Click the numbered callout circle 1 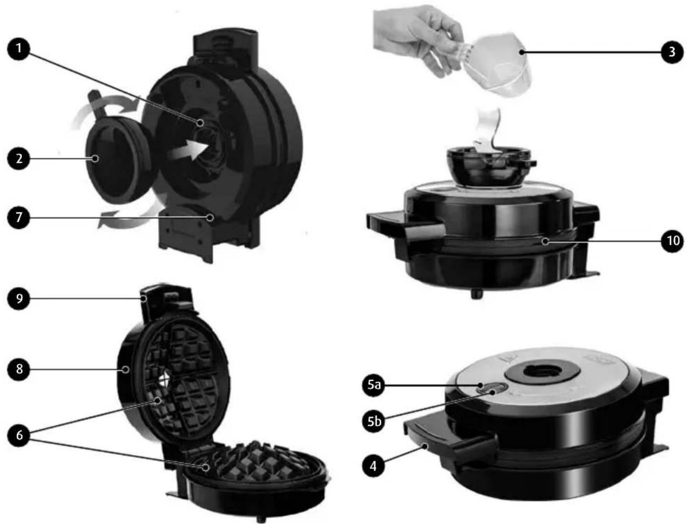click(19, 49)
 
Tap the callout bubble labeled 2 click(19, 158)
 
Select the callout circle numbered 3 click(672, 52)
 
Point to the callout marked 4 click(373, 466)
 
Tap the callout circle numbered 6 click(19, 435)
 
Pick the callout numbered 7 click(19, 217)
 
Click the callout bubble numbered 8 click(19, 369)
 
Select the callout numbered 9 click(19, 298)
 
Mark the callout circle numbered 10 click(672, 240)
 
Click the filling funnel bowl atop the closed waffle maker click(489, 166)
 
